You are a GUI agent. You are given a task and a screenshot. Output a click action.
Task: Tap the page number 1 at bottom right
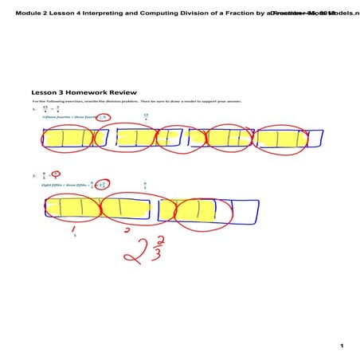340,346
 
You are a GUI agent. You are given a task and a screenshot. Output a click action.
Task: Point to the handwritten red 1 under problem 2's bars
74,228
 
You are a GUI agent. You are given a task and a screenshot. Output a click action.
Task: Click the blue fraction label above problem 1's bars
146,117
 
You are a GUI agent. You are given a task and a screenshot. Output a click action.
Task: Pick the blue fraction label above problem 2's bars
144,186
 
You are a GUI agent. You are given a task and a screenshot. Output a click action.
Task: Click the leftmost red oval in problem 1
69,139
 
